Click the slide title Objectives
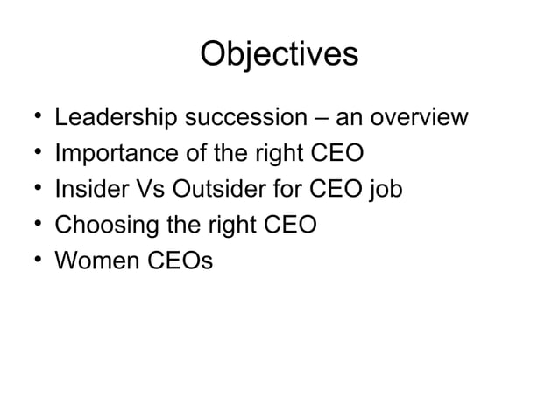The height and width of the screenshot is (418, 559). [x=279, y=54]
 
